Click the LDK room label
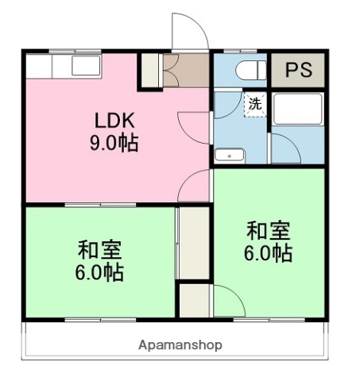pos(116,121)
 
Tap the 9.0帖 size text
pos(116,144)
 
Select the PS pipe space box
pos(299,71)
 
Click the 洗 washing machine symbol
pos(254,104)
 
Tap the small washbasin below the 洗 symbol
pos(230,155)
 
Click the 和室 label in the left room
pos(99,249)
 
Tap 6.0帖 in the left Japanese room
pos(99,272)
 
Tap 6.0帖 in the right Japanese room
pos(268,253)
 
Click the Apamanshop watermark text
pos(180,344)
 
